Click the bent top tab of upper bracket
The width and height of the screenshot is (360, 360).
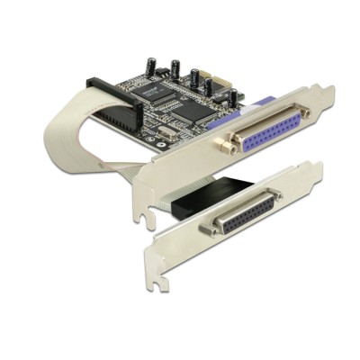(323, 93)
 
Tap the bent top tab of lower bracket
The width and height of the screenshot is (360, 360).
(310, 169)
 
